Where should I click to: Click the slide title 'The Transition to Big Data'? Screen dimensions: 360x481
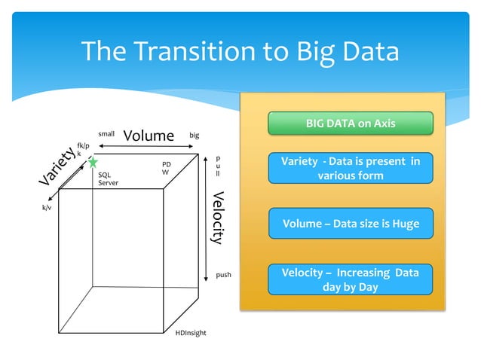(x=240, y=51)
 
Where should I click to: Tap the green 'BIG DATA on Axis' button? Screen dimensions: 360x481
(x=351, y=123)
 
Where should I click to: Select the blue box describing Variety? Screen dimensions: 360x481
(x=351, y=168)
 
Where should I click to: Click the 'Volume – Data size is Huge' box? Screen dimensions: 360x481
(x=351, y=224)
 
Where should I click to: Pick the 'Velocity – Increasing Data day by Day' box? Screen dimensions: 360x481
(x=351, y=279)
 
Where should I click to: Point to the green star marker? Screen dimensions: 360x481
(x=93, y=162)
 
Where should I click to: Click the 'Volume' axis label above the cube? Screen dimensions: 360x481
(x=149, y=136)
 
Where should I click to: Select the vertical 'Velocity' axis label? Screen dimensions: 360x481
(x=218, y=218)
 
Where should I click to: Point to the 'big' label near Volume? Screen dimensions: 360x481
(x=195, y=136)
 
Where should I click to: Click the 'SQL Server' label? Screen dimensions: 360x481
(x=109, y=178)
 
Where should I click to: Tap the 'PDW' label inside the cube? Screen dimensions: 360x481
(x=167, y=168)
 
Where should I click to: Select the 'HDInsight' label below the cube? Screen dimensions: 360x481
(x=190, y=332)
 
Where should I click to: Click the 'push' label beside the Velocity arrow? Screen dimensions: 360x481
(x=223, y=276)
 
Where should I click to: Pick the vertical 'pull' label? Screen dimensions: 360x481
(x=218, y=166)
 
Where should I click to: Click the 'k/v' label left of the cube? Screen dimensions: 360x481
(x=46, y=206)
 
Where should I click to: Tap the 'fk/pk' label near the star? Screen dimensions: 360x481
(x=82, y=148)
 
